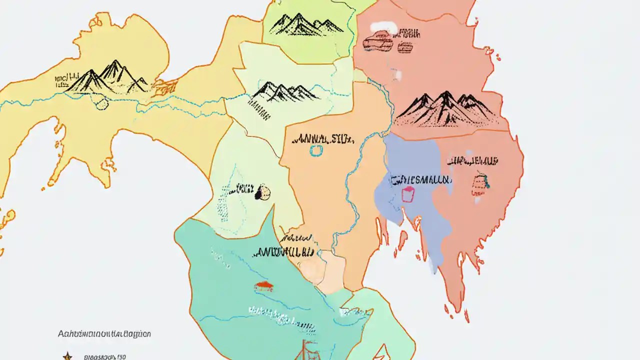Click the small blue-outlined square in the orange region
pos(316,150)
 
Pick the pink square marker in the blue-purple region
pos(408,194)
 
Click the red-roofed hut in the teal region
pos(263,286)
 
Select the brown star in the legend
pos(66,356)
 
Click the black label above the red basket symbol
pos(472,161)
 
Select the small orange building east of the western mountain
pos(163,87)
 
